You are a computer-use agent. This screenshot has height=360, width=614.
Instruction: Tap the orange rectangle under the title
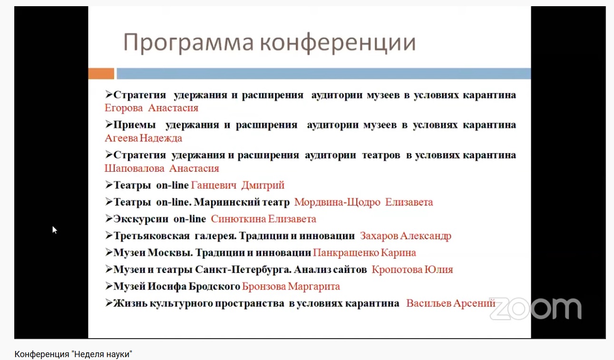101,74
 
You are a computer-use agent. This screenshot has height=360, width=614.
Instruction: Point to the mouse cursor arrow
55,230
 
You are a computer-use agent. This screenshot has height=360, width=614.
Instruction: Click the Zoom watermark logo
536,309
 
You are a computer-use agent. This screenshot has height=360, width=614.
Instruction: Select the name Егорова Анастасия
151,108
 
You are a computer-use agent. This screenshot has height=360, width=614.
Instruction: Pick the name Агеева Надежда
143,138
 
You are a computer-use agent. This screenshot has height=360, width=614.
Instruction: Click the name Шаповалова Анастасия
162,168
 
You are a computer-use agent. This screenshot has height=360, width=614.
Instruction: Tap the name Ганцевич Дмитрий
238,185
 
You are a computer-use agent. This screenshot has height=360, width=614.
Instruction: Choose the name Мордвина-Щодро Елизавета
364,202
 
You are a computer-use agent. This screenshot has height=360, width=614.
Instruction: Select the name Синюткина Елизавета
263,219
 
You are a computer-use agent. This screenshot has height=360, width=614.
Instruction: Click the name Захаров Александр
406,236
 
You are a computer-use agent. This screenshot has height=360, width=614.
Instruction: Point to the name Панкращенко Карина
365,253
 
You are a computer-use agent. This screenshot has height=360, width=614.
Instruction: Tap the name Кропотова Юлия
412,270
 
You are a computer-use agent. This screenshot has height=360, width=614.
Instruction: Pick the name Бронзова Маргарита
291,286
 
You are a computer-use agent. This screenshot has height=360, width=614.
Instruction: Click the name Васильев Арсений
451,303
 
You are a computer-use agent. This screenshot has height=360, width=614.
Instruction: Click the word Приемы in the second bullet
135,125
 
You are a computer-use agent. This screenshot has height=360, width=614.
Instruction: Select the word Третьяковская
152,236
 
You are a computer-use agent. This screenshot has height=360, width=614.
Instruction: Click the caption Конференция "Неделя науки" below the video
73,354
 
